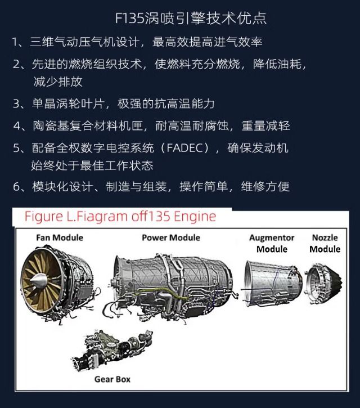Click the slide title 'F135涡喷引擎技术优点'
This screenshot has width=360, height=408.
191,18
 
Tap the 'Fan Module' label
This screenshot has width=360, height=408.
60,237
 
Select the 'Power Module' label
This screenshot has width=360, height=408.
171,237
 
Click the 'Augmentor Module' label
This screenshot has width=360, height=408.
272,243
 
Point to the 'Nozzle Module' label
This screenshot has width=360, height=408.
325,243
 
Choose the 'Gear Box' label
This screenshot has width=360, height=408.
112,379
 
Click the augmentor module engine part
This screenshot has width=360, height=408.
272,283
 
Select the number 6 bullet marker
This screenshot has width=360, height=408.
16,187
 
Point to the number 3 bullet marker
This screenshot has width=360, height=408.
16,104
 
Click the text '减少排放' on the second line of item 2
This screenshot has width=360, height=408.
58,82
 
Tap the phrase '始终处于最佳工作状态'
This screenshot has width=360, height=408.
92,165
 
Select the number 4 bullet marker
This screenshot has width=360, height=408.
17,126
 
